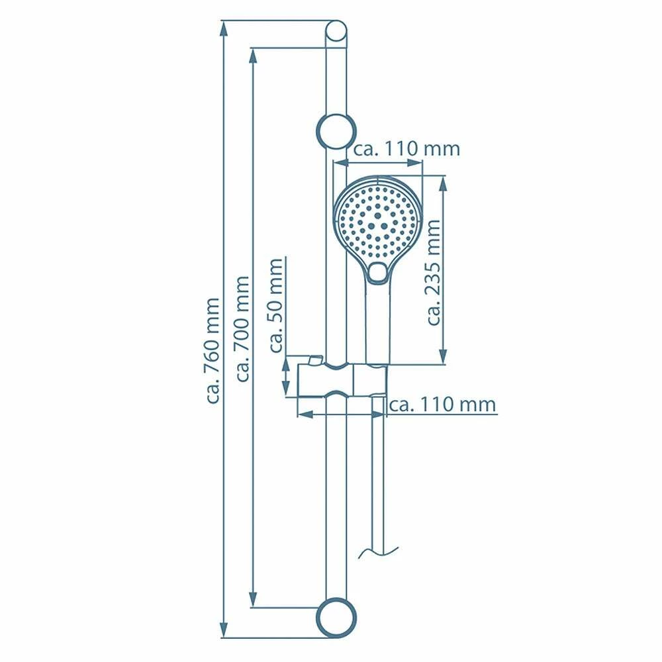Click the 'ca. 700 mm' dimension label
point(243,329)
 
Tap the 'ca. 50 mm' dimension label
point(277,305)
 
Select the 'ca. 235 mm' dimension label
point(434,273)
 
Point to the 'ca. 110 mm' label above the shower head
point(406,149)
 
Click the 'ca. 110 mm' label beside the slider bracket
point(442,404)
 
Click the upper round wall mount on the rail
point(336,131)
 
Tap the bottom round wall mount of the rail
point(336,618)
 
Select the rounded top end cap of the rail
point(336,32)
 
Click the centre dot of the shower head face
point(377,216)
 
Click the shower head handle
point(377,324)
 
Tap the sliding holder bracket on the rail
point(341,381)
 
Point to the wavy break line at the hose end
point(378,551)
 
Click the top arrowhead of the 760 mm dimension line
point(224,28)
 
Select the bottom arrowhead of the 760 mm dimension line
point(224,632)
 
